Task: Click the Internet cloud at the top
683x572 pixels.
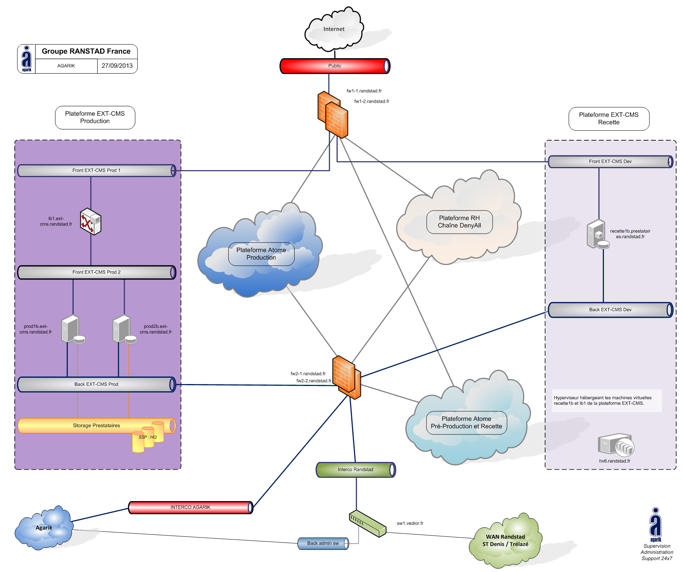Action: click(x=334, y=29)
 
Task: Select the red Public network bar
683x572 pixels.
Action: click(x=335, y=66)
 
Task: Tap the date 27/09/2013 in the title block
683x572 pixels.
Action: click(x=117, y=66)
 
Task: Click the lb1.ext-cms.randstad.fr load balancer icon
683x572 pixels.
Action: click(x=91, y=222)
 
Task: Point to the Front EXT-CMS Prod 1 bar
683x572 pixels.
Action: click(x=97, y=171)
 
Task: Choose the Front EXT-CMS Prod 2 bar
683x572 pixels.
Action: click(x=97, y=272)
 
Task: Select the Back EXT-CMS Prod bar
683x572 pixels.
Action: click(x=97, y=384)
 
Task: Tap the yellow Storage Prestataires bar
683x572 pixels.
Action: click(x=97, y=426)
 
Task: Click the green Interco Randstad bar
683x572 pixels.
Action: click(x=355, y=470)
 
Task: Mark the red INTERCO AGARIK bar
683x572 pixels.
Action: click(x=190, y=507)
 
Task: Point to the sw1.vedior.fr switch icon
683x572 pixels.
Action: click(x=367, y=524)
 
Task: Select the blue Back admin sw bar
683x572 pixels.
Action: click(x=323, y=543)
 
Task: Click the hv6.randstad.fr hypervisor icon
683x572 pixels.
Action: click(x=616, y=445)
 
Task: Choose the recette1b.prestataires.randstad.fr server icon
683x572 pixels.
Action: click(x=597, y=234)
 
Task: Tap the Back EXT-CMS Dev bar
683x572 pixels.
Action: click(x=610, y=310)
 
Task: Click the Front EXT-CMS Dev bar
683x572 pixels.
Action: click(x=610, y=162)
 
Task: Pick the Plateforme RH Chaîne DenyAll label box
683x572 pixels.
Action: click(x=459, y=222)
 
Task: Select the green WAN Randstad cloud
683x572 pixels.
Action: click(x=505, y=541)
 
